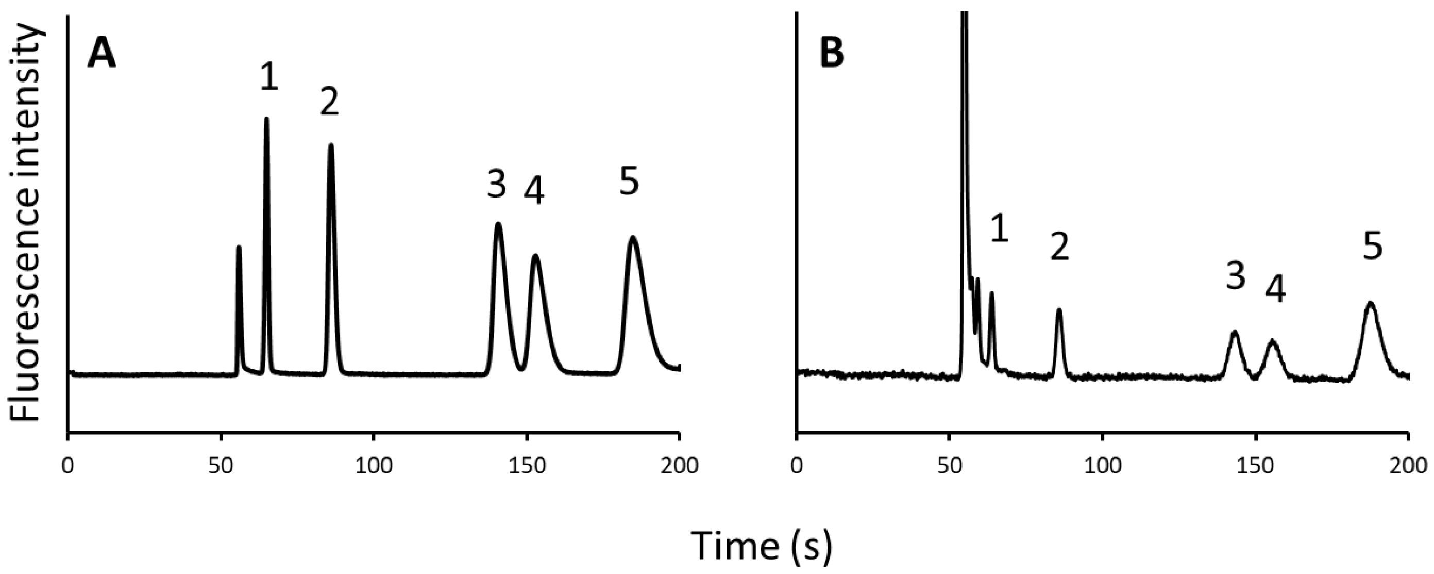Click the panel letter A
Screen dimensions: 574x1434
click(102, 56)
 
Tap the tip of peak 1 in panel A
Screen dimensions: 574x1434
click(266, 118)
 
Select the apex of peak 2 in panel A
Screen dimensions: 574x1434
click(331, 145)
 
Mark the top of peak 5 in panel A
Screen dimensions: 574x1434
click(632, 237)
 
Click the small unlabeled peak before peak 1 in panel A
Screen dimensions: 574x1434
click(239, 247)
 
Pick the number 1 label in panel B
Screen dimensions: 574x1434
click(999, 229)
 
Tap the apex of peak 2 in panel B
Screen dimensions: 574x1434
click(1059, 309)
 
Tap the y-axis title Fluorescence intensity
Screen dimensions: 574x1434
click(25, 223)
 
